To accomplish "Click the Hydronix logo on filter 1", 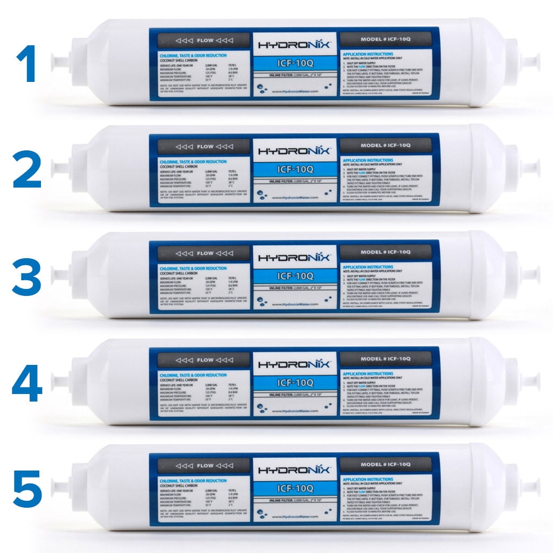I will tap(296, 44).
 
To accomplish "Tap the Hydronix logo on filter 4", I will tap(296, 364).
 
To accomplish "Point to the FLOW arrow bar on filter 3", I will tap(199, 253).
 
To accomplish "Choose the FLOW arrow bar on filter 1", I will tap(199, 40).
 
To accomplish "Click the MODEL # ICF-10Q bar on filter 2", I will tap(386, 146).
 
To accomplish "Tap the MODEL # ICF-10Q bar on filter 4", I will tap(386, 359).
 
